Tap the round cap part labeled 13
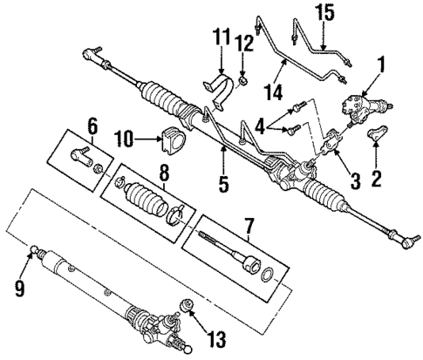coord(185,306)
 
